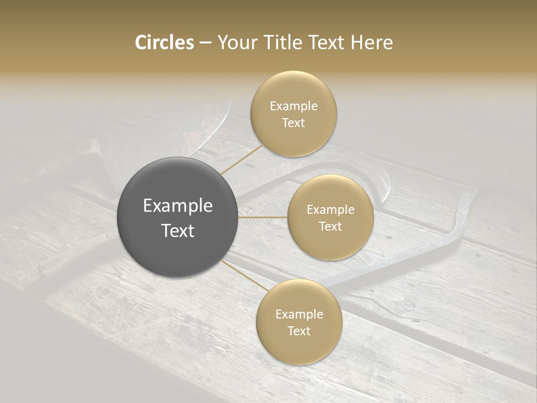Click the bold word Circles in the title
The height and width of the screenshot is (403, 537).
[164, 43]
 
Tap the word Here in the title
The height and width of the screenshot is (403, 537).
[372, 43]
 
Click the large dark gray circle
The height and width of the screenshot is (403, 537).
[177, 217]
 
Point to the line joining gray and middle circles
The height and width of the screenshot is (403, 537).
[263, 217]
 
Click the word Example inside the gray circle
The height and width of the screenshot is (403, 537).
[178, 206]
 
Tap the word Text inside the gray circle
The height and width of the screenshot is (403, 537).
[178, 230]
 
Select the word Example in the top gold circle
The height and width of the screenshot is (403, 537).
[293, 106]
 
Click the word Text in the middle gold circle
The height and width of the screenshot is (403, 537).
[330, 226]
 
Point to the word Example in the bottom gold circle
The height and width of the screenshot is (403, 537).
[299, 314]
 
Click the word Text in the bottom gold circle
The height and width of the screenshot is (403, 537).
[299, 331]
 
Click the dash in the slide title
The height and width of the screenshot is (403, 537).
[205, 43]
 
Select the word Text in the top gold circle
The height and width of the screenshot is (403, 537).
[293, 123]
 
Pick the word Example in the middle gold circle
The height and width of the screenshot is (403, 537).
[330, 209]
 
